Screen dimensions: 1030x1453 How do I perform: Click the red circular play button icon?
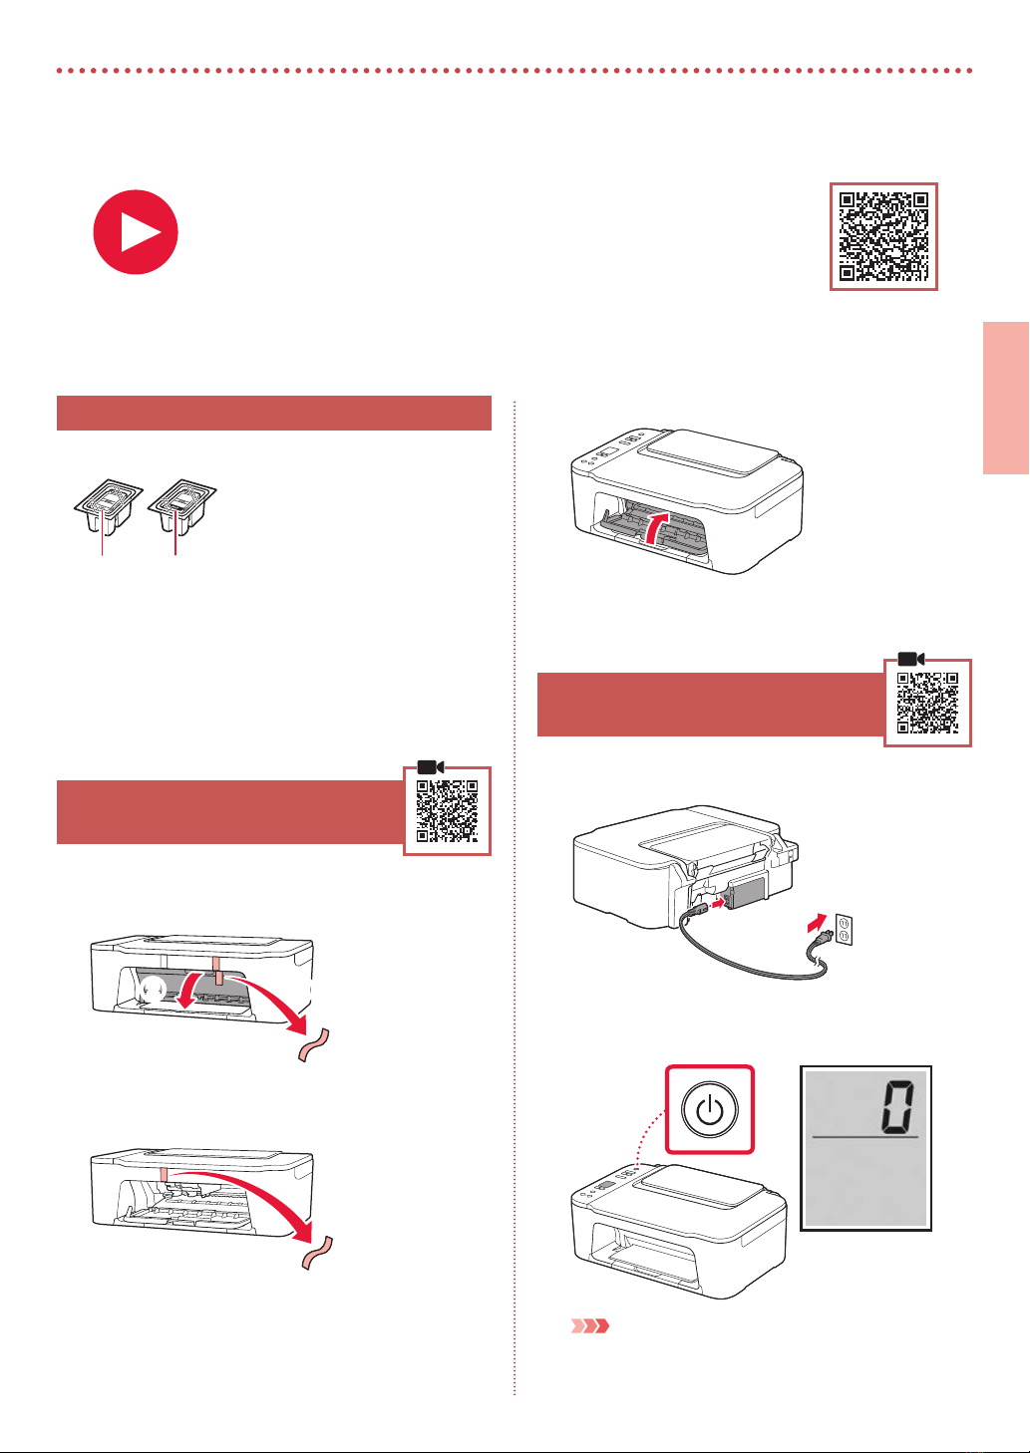pos(136,232)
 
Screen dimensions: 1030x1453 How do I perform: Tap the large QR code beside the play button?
pos(883,237)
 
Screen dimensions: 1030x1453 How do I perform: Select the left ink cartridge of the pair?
pos(108,506)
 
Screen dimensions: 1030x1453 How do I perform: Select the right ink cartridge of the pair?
pos(182,506)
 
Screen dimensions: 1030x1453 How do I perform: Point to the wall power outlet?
pos(844,930)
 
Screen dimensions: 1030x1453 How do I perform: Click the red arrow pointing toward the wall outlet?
pos(818,922)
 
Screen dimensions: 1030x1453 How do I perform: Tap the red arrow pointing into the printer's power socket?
pos(717,903)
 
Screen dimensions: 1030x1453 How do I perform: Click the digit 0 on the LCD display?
pos(897,1106)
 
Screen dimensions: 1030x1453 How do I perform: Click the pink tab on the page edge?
pos(1006,398)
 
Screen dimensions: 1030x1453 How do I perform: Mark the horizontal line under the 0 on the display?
pos(865,1137)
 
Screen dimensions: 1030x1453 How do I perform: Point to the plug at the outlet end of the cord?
pos(821,939)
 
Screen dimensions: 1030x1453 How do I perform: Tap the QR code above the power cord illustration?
pos(927,703)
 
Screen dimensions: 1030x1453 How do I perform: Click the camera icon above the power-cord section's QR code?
pos(911,659)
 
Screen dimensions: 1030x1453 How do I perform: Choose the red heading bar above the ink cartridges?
pos(274,413)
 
